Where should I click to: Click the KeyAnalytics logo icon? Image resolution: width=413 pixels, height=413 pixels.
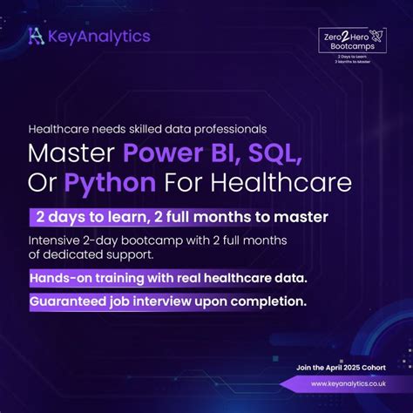(x=35, y=36)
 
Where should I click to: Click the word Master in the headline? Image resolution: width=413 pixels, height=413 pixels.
(x=71, y=154)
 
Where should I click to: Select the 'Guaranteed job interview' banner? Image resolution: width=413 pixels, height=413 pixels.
(x=167, y=302)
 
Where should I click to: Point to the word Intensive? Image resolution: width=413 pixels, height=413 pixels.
(x=58, y=240)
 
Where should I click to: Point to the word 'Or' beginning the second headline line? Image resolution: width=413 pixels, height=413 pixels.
(x=44, y=184)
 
